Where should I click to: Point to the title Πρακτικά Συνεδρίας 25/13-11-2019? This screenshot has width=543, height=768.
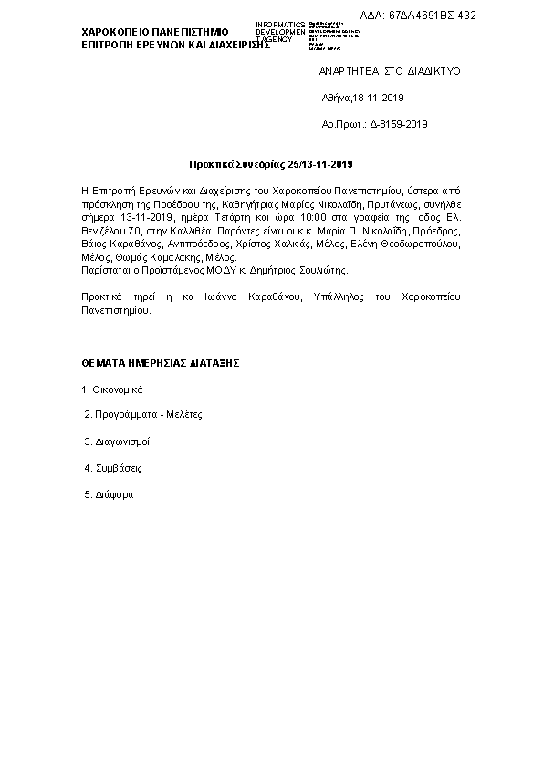pyautogui.click(x=270, y=165)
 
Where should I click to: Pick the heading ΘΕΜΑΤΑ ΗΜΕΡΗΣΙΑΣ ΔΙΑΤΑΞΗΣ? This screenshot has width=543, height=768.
pyautogui.click(x=160, y=362)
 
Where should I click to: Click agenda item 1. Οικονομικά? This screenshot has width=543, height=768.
pyautogui.click(x=112, y=389)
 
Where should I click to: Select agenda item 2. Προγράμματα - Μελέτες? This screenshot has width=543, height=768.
pyautogui.click(x=142, y=414)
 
